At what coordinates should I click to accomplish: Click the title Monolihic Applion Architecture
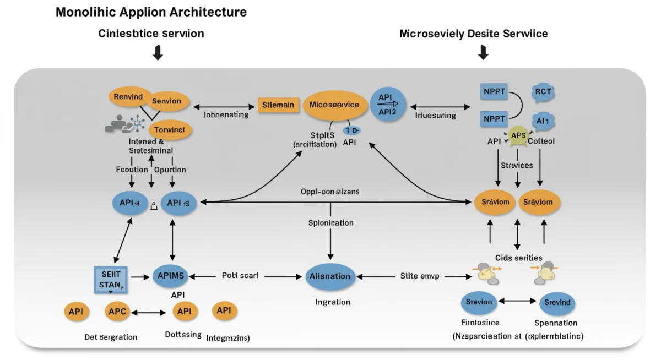[151, 12]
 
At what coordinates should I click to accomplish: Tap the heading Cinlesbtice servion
[151, 34]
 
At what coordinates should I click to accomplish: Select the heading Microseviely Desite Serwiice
[473, 34]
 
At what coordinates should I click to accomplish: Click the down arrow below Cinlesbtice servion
[158, 53]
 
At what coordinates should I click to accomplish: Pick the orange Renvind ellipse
[128, 97]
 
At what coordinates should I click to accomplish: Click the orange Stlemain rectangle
[278, 105]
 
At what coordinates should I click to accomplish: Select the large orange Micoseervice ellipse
[334, 105]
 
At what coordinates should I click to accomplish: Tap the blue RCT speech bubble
[543, 92]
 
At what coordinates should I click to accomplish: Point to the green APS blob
[518, 135]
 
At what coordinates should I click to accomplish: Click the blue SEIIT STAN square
[111, 279]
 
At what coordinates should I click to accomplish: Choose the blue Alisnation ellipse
[329, 276]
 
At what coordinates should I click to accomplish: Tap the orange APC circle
[117, 312]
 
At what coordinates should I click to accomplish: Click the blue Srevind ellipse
[557, 302]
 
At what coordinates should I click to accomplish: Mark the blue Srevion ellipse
[479, 302]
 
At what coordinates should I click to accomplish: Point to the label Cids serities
[518, 258]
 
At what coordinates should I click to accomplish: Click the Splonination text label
[330, 223]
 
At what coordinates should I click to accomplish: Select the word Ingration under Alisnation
[332, 302]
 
